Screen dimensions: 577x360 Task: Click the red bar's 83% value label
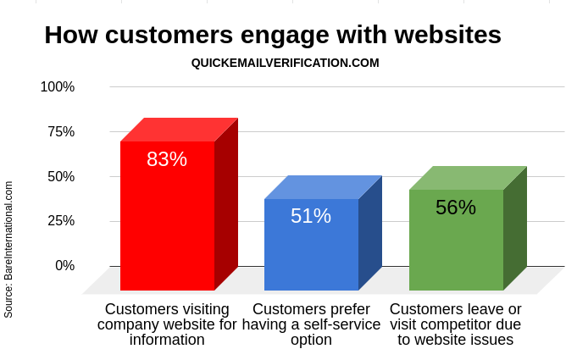coord(167,159)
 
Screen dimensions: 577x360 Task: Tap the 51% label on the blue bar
coord(311,216)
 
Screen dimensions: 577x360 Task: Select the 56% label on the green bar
coord(456,208)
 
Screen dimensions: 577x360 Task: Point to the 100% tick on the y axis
coord(58,87)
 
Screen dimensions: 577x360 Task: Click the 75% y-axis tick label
coord(61,131)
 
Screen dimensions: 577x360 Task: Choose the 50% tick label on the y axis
coord(61,176)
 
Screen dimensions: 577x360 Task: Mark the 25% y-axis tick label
coord(61,221)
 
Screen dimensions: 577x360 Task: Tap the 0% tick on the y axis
coord(65,265)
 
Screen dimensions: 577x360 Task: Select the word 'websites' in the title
coord(448,35)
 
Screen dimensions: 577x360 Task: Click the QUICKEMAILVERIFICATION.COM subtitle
coord(286,63)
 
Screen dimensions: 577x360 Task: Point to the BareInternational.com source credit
coord(8,249)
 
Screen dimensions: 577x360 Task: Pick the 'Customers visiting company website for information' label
coord(167,324)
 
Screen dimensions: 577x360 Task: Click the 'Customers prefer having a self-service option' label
coord(311,324)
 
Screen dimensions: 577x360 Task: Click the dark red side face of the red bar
coord(226,204)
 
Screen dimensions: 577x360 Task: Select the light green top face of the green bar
coord(468,178)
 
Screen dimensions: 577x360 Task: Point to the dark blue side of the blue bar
coord(370,233)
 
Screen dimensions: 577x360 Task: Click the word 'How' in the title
coord(71,35)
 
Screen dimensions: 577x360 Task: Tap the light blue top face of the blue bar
coord(324,187)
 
